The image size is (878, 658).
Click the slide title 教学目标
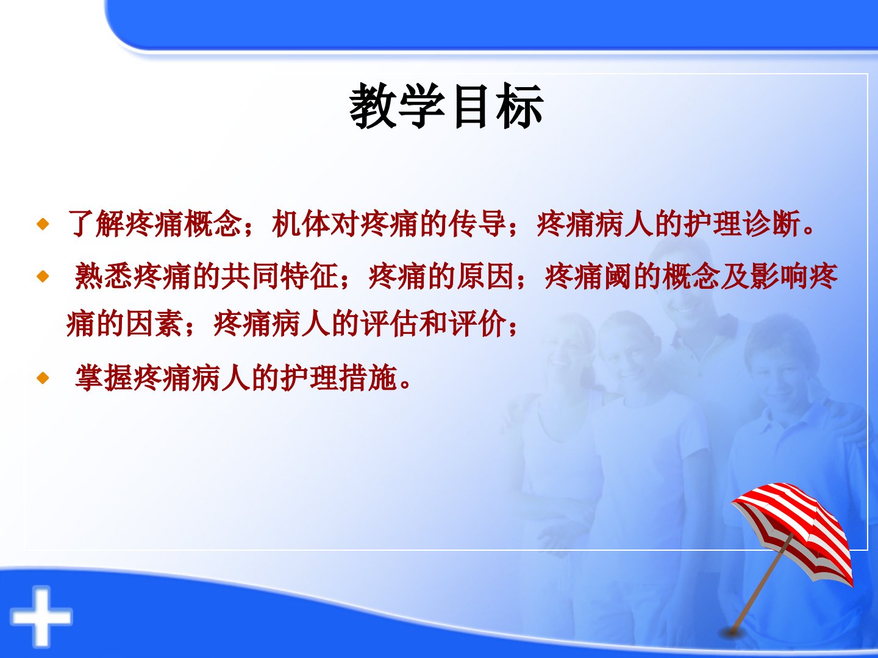(446, 106)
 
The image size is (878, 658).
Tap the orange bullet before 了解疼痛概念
(43, 224)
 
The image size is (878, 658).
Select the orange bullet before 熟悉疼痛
(43, 276)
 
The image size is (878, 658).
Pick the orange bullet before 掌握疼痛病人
(43, 378)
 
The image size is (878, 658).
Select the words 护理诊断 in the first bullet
(743, 224)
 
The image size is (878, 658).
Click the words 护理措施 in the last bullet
(339, 378)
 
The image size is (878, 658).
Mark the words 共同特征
(280, 275)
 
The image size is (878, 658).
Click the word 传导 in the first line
(478, 224)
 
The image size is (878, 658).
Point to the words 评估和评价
(434, 323)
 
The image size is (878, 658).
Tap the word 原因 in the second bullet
(486, 275)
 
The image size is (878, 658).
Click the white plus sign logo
(41, 617)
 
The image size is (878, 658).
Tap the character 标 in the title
(520, 106)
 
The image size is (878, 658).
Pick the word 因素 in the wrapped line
(155, 323)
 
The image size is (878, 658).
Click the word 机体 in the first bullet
(301, 224)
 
